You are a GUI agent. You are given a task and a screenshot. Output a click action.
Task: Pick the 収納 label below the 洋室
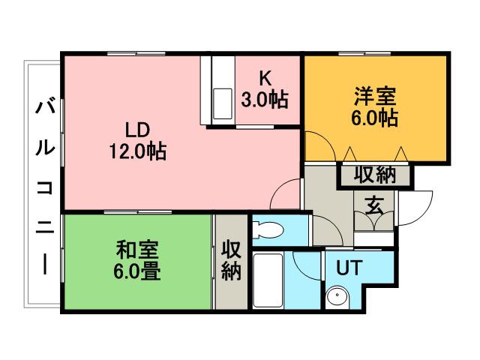(x=374, y=176)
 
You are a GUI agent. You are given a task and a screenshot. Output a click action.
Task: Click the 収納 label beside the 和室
(x=230, y=259)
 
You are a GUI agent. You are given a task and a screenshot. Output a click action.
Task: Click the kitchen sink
(x=223, y=102)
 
